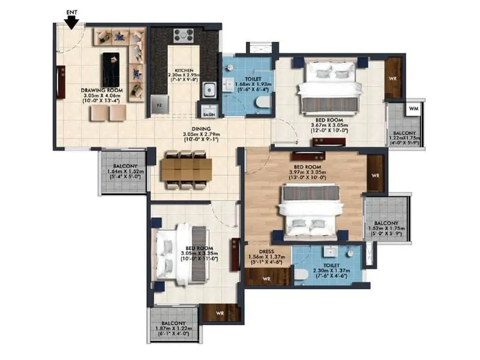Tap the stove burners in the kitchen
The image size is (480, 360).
click(184, 35)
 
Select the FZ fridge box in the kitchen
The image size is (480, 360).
click(159, 103)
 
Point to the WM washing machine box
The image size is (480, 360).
click(413, 109)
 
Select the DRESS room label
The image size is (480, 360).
click(266, 252)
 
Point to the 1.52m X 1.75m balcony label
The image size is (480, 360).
click(387, 225)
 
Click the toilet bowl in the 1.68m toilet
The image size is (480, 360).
click(262, 104)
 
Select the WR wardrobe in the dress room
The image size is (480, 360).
click(266, 278)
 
